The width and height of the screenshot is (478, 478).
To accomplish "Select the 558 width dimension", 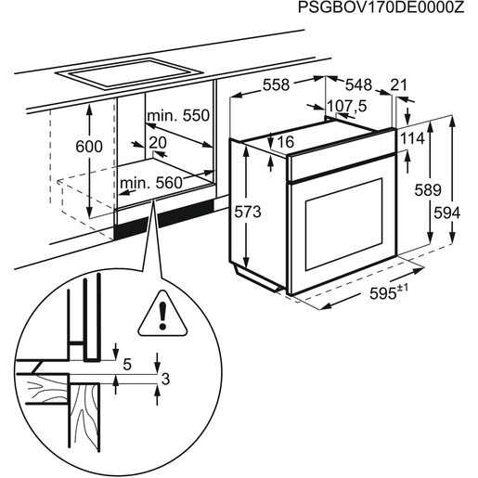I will (x=276, y=84).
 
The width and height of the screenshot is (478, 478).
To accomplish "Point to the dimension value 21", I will (x=399, y=84).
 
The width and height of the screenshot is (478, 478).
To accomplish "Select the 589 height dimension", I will (x=414, y=190).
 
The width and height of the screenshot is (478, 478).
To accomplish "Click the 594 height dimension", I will (x=446, y=213).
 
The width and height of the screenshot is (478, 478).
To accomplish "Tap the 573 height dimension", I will (x=246, y=213).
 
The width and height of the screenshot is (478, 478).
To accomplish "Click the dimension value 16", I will (x=285, y=142).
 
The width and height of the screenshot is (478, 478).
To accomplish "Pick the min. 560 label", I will (x=151, y=183).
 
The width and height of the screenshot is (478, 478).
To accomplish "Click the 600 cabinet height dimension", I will (x=89, y=147).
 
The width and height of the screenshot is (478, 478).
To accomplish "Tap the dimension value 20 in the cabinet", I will (x=156, y=142).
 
